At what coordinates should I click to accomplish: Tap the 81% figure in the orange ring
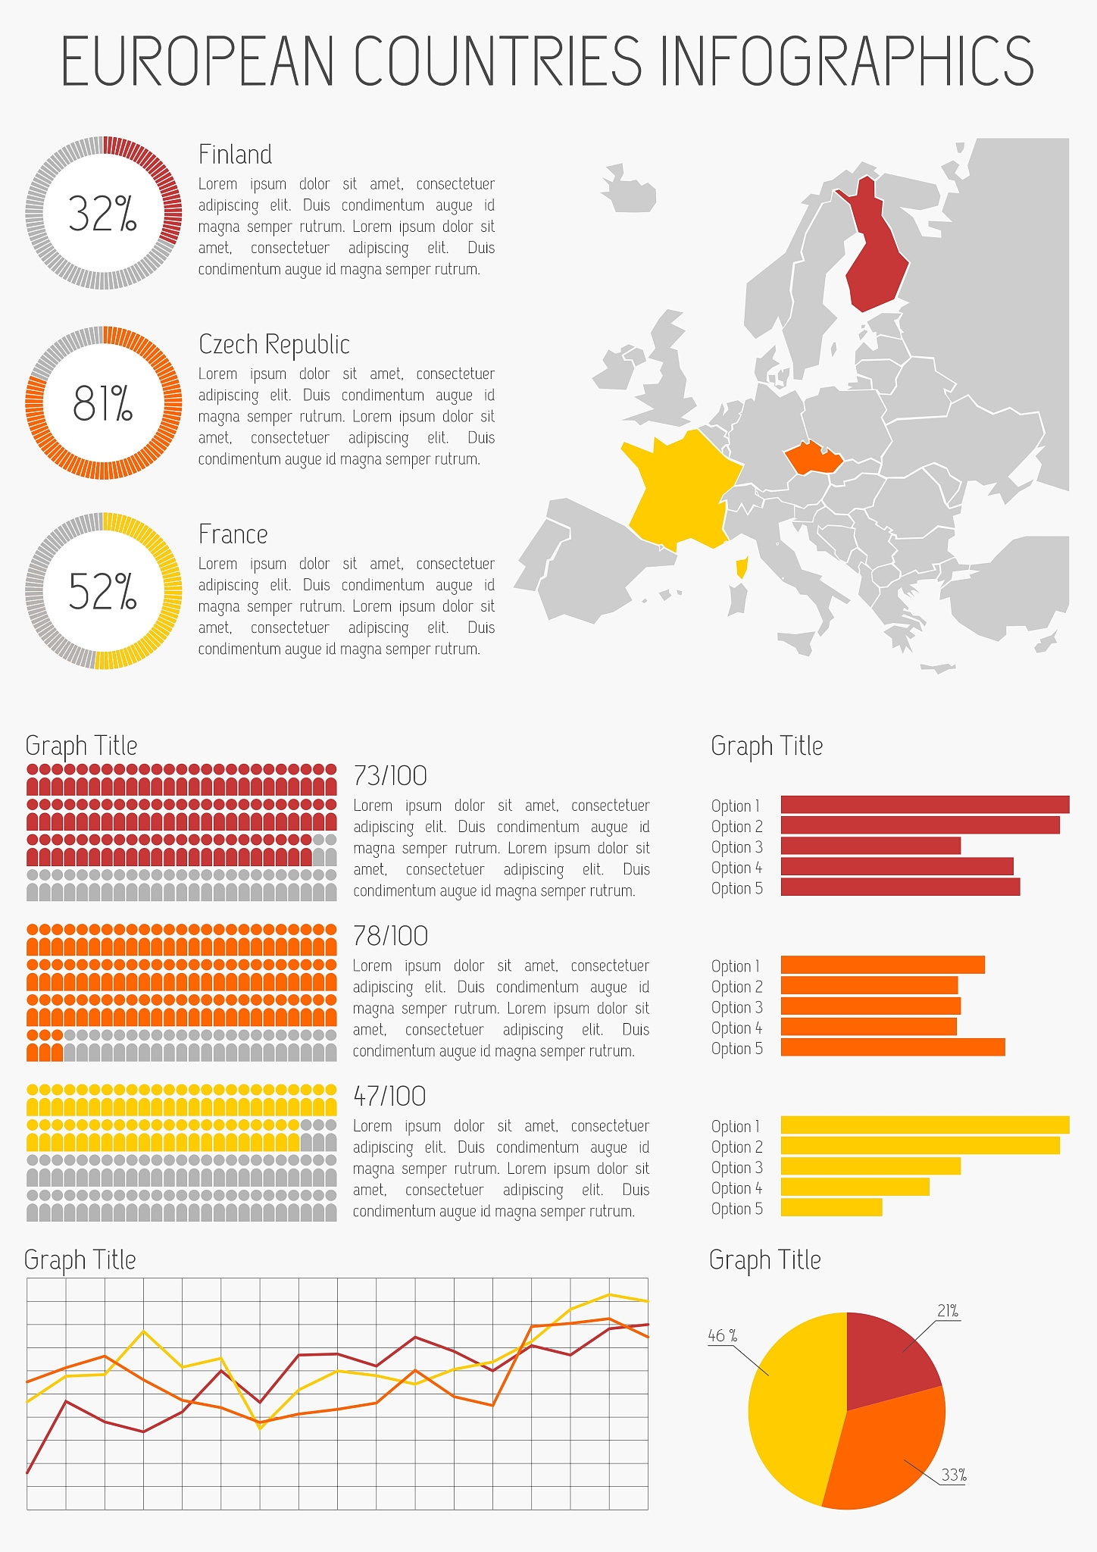[x=102, y=403]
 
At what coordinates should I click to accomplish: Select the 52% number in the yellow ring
[x=102, y=592]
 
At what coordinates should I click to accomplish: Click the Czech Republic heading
[x=273, y=345]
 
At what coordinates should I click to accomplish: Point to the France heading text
[x=233, y=534]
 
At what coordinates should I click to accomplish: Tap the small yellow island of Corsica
[x=742, y=566]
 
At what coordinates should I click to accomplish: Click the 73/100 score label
[x=390, y=776]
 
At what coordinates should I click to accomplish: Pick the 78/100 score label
[x=390, y=937]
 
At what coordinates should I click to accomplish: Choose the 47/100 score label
[x=389, y=1097]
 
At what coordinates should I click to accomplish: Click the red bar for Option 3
[x=870, y=846]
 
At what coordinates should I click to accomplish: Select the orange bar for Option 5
[x=892, y=1047]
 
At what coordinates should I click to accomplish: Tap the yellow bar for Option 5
[x=831, y=1207]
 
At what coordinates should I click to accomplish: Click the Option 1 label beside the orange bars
[x=735, y=966]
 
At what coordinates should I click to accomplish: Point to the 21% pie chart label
[x=948, y=1311]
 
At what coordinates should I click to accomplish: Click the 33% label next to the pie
[x=954, y=1475]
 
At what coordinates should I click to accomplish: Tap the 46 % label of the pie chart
[x=722, y=1335]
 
